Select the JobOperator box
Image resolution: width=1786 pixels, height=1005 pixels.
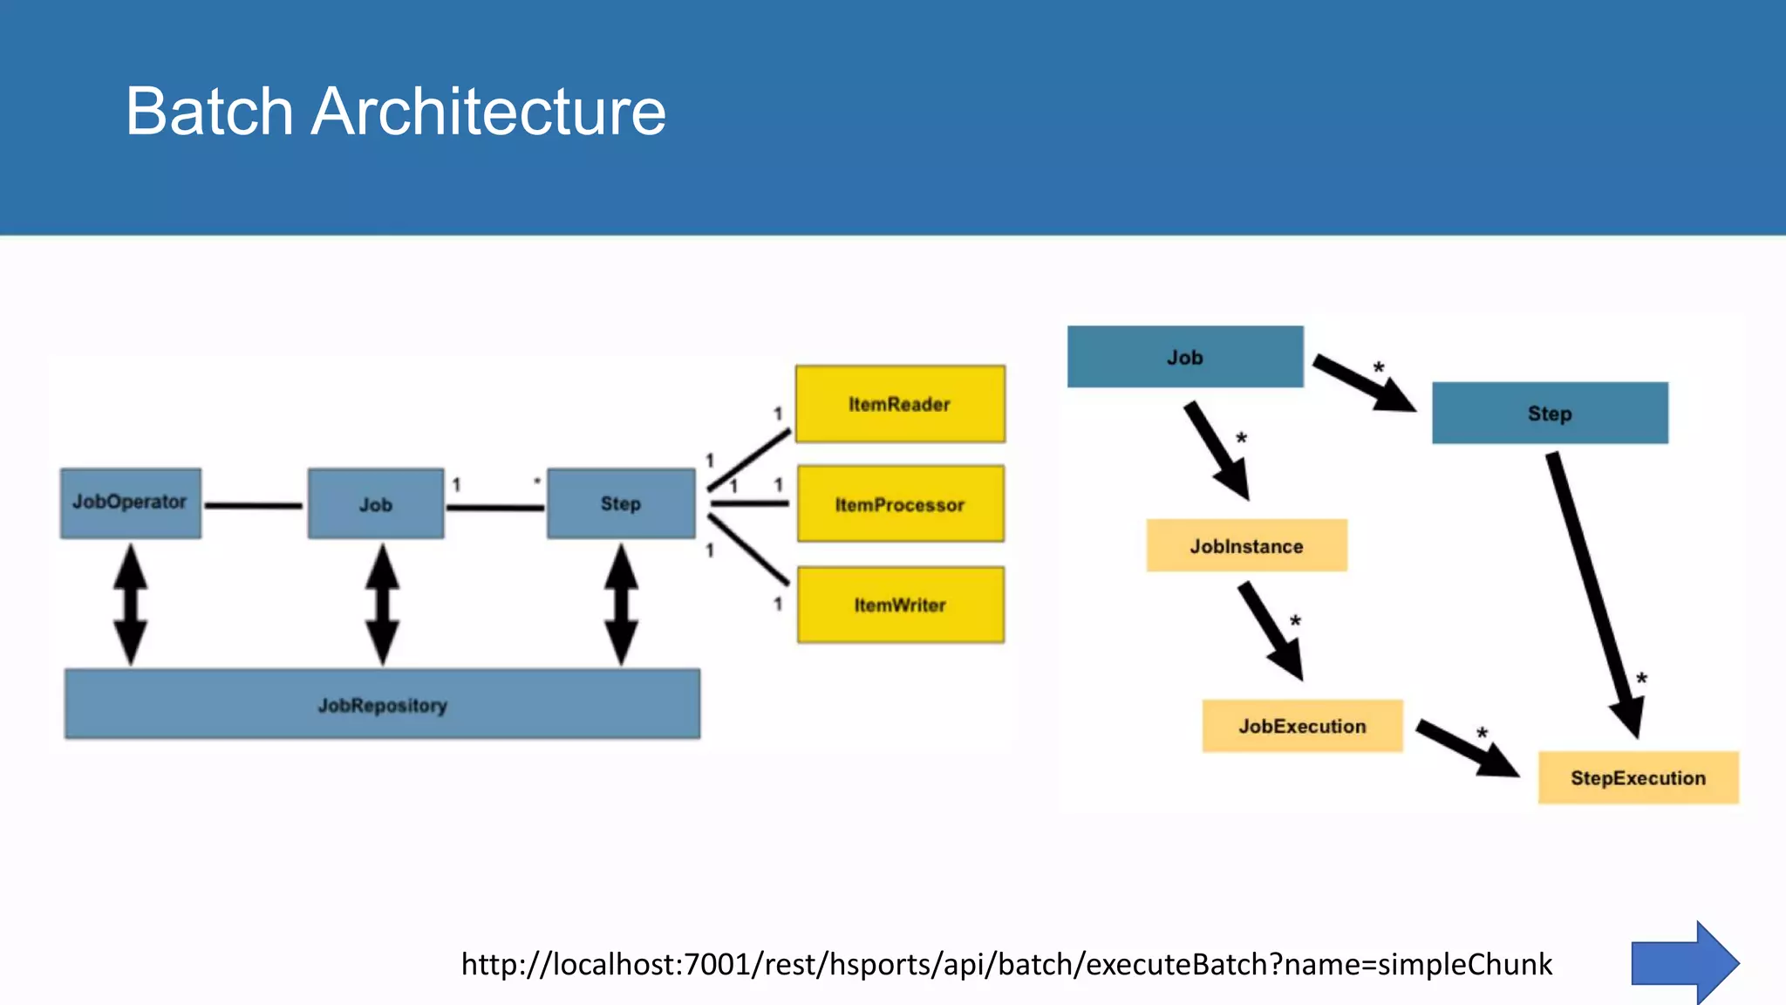pos(131,503)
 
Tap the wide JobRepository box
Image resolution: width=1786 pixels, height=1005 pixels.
pos(382,704)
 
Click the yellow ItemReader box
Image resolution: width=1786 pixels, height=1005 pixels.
pos(900,404)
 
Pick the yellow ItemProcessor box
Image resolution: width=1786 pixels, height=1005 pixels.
pos(900,504)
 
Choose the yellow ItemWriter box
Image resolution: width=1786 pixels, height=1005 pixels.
pos(900,605)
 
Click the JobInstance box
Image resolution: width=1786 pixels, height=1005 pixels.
pos(1246,546)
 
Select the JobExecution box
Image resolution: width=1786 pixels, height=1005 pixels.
pos(1302,726)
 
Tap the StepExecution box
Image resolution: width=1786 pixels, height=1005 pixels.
pos(1638,777)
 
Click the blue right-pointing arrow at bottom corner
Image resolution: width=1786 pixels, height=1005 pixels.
pos(1683,963)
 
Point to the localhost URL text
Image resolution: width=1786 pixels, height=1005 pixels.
pos(1006,964)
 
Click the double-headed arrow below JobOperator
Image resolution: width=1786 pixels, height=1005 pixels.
pos(131,604)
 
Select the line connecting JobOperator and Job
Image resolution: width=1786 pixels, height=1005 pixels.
pos(253,505)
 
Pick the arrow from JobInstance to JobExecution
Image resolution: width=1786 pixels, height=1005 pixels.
pos(1269,629)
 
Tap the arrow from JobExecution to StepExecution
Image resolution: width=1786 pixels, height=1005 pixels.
pos(1465,747)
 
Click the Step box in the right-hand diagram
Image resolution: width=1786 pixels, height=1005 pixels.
pos(1550,413)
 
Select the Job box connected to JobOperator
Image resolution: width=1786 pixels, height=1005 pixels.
pos(376,503)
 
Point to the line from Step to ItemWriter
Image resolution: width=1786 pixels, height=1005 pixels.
pos(748,550)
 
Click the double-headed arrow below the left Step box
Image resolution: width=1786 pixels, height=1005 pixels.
pos(621,604)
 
